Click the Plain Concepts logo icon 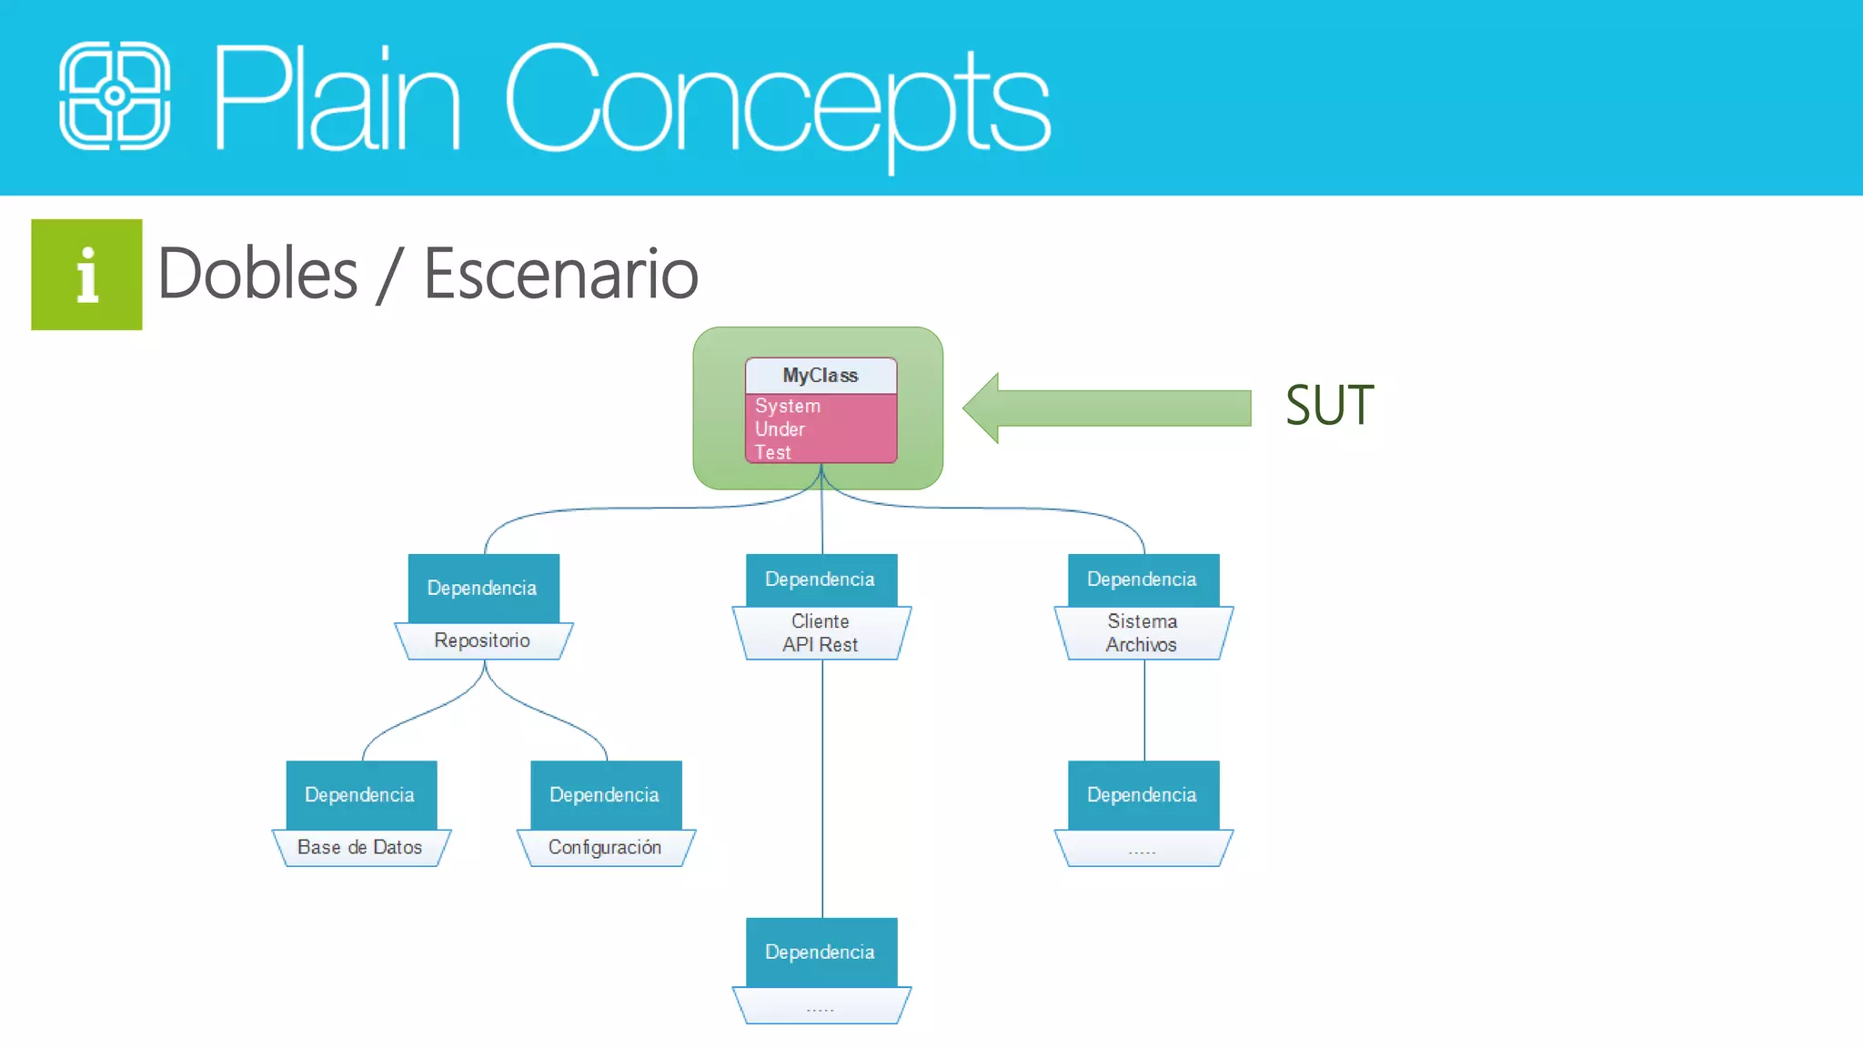115,96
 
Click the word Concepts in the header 778,100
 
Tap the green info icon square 86,274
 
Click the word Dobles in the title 257,274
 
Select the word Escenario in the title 560,274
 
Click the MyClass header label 821,375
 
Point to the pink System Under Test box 821,428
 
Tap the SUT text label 1329,406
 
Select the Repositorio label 482,640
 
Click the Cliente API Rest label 821,633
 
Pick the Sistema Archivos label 1143,633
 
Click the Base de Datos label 360,847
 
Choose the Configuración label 605,847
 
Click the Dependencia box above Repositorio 483,588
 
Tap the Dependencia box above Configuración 605,794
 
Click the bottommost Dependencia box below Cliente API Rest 821,952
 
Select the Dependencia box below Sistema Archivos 1143,794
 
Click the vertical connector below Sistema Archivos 1144,710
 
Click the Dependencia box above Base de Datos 360,794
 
